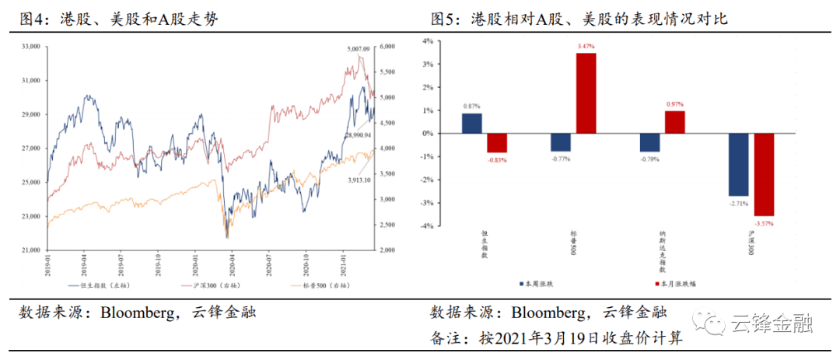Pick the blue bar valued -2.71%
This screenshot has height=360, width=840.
click(x=738, y=164)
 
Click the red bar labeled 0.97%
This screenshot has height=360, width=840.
click(x=674, y=122)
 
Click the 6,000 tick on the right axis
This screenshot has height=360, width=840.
click(x=387, y=47)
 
